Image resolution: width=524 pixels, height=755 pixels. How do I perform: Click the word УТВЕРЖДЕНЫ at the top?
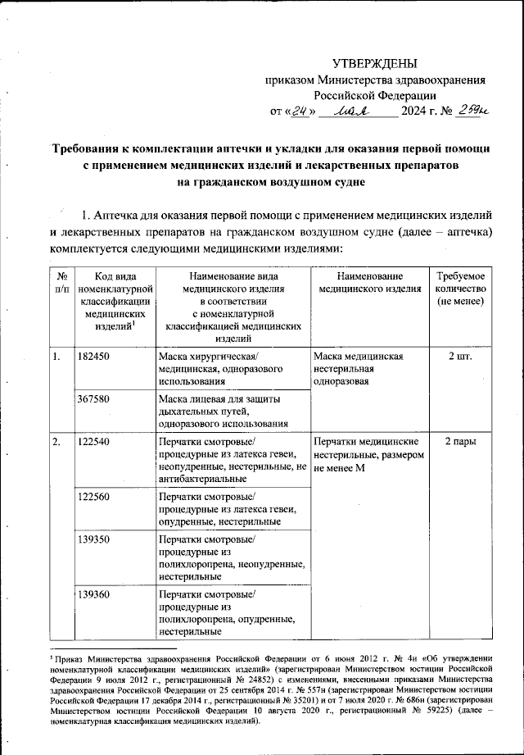[374, 64]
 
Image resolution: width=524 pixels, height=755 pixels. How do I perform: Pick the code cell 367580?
[94, 399]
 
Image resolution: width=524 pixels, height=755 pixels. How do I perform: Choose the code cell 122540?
[94, 443]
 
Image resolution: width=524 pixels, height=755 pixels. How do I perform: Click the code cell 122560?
[94, 496]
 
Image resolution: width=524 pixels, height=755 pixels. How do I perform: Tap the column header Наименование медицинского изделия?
[369, 284]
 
